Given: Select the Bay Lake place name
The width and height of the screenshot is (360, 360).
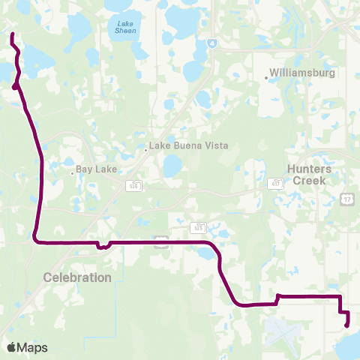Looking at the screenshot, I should (x=97, y=169).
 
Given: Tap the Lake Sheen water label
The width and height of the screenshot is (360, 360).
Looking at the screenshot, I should (x=124, y=28).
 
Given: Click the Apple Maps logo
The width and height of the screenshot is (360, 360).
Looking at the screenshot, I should (x=27, y=347).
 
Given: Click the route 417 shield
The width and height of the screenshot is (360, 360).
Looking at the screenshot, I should (x=276, y=182).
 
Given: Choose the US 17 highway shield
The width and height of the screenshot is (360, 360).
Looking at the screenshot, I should (x=347, y=198).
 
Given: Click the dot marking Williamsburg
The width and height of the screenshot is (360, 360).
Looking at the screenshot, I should (x=267, y=76).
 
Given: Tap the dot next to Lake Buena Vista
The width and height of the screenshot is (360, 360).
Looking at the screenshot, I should (x=146, y=149).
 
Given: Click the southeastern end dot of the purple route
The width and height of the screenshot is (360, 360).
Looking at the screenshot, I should (x=346, y=325).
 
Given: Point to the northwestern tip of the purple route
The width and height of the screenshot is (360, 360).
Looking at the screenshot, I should (x=12, y=34).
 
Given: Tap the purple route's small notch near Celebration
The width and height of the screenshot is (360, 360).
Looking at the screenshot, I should (x=99, y=245).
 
